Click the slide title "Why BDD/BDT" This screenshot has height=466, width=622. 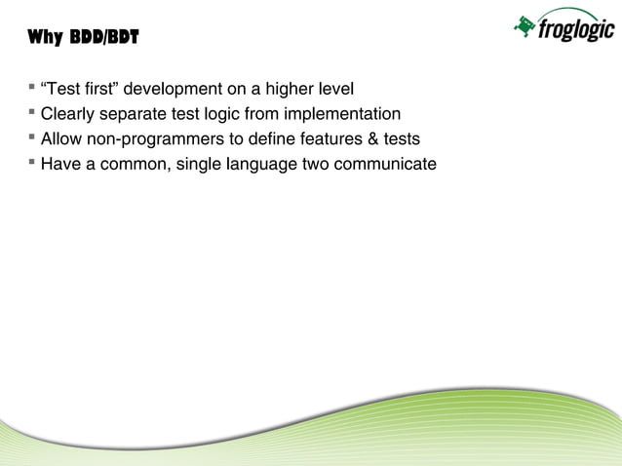coord(83,39)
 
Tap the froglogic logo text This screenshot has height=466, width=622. coord(576,31)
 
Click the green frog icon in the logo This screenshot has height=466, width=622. coord(525,27)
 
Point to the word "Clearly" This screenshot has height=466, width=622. coord(67,114)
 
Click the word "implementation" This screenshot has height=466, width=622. coord(342,114)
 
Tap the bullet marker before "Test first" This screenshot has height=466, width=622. coord(32,89)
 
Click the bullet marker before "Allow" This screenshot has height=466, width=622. coord(32,137)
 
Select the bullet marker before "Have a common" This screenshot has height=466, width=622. coord(32,162)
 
